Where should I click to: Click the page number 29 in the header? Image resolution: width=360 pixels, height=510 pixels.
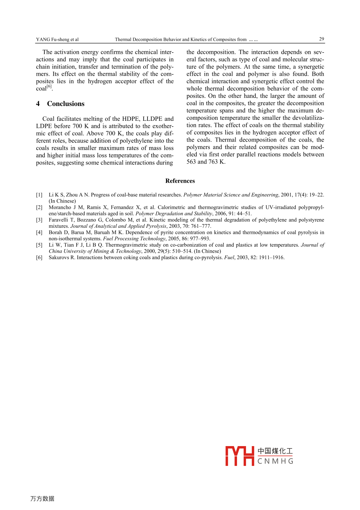321,39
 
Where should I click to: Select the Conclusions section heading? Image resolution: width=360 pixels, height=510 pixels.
66,104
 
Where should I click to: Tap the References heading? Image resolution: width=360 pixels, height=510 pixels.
180,181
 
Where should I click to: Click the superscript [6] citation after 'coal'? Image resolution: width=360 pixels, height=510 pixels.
49,86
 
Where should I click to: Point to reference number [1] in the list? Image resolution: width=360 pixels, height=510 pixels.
39,195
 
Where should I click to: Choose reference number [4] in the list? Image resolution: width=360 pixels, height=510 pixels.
39,232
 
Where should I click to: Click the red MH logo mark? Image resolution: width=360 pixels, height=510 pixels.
239,456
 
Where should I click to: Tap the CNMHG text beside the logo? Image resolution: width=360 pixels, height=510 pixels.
275,461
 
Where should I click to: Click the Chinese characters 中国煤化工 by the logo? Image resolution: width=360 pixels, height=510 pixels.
275,451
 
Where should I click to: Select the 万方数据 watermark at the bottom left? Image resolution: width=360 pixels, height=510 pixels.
42,499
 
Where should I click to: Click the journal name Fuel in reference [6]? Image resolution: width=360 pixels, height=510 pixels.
229,257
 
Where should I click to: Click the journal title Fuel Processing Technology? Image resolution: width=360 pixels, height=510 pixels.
134,239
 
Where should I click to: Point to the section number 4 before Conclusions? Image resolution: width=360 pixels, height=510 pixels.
38,104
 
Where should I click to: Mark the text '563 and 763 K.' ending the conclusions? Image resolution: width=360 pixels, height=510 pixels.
206,162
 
